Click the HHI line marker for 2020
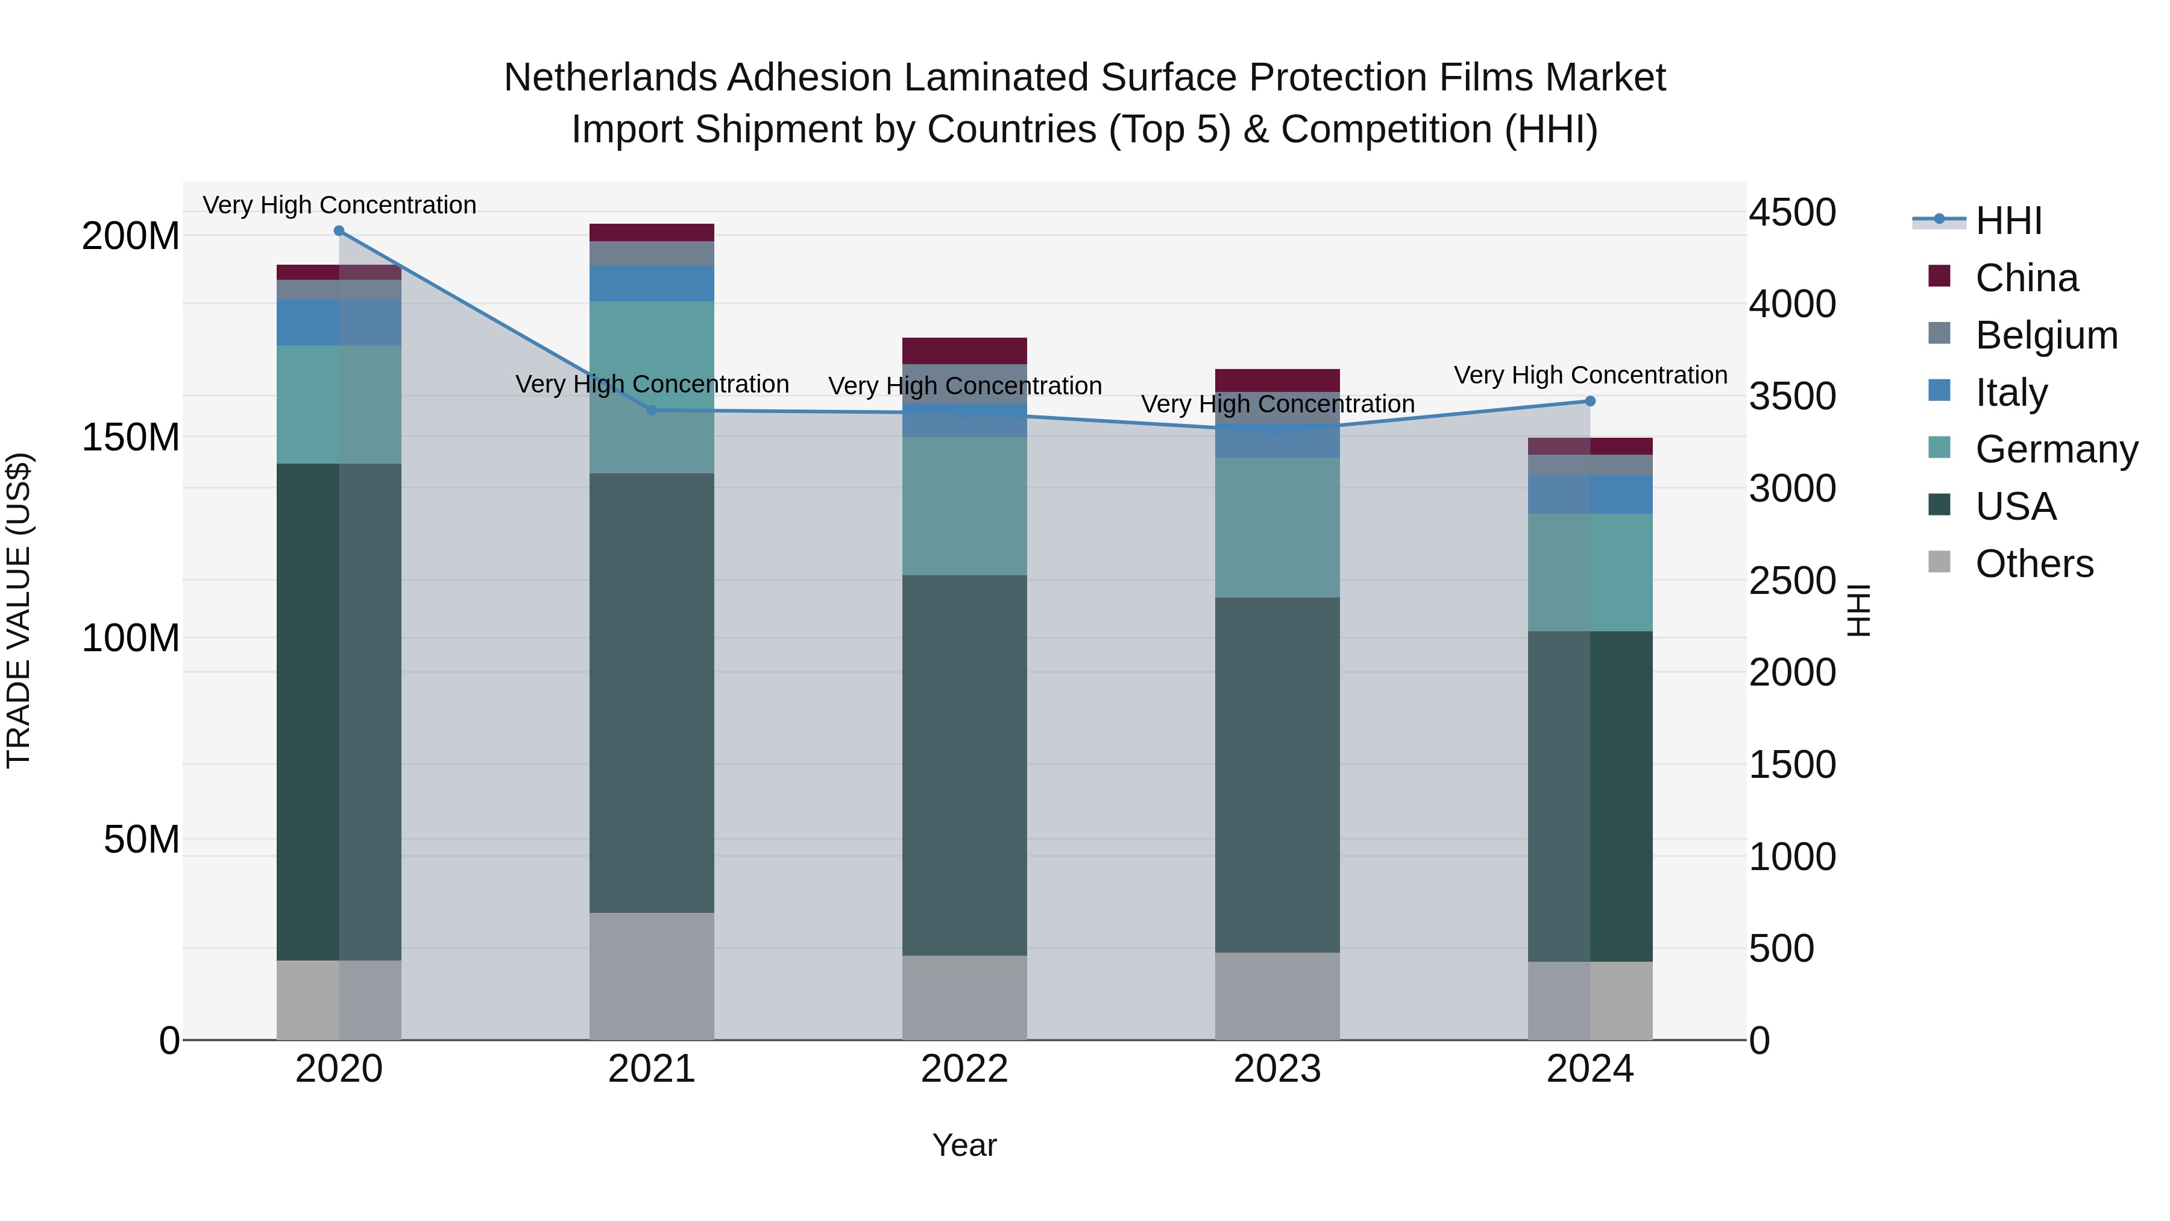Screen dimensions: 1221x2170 tap(339, 230)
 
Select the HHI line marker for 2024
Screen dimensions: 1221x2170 tap(1590, 401)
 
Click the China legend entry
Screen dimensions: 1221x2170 tap(2026, 278)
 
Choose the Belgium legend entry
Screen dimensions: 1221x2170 tap(2045, 335)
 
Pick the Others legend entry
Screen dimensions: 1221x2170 tap(2034, 564)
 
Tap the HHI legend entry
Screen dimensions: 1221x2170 tap(2008, 221)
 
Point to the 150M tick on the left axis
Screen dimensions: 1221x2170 tap(131, 437)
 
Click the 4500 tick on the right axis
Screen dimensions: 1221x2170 tap(1792, 212)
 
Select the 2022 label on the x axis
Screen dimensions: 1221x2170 tap(964, 1069)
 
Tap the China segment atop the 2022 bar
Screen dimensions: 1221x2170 tap(964, 350)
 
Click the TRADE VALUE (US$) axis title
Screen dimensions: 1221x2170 tap(19, 610)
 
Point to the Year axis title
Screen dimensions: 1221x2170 tap(964, 1145)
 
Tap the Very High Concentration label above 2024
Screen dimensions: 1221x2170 tap(1590, 375)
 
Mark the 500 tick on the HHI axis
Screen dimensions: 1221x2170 tap(1781, 949)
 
